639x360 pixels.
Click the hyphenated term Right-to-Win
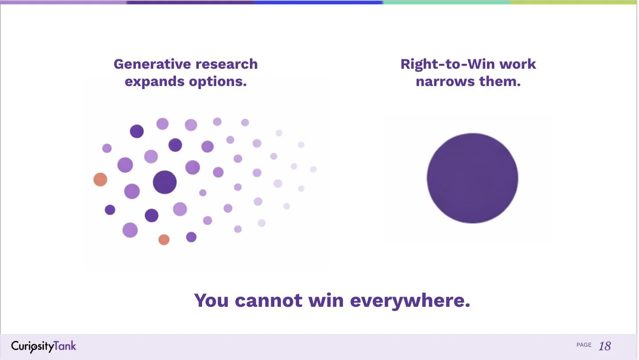point(448,64)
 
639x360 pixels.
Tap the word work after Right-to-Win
point(518,64)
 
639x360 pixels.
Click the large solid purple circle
point(472,178)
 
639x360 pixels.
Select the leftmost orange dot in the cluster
point(101,180)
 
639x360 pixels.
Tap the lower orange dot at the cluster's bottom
point(164,240)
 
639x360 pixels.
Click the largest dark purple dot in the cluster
point(165,182)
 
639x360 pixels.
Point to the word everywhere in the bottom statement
point(410,300)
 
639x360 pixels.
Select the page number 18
point(605,346)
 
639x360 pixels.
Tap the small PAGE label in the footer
point(584,345)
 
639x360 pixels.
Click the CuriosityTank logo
point(44,346)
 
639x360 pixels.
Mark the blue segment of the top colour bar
point(319,2)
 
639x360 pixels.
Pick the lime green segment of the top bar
point(574,2)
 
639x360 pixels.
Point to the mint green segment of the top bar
point(446,2)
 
